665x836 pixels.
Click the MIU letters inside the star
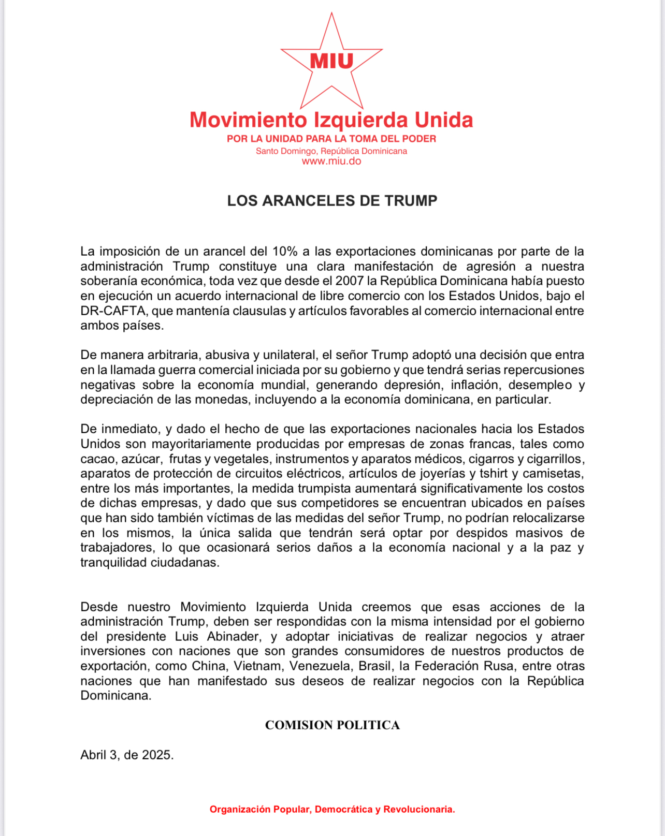331,61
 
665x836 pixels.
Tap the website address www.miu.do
331,161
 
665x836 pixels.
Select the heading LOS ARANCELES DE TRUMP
332,201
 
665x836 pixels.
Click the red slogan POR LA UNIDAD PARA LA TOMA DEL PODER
331,139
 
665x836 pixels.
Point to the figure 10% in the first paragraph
285,252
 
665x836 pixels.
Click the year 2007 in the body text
350,281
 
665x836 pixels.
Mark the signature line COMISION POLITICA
332,725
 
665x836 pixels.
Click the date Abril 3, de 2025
127,755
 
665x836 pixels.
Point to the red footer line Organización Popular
332,810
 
